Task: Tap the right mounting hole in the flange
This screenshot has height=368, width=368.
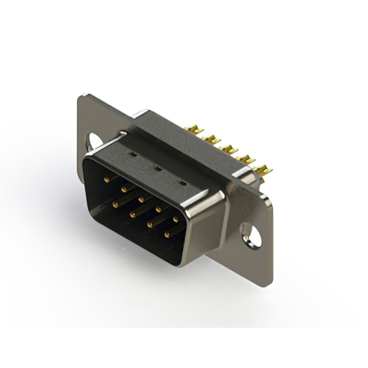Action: [x=251, y=235]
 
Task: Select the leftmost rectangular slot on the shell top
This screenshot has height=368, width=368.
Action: [x=132, y=155]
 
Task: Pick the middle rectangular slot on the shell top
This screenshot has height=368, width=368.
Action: [x=155, y=168]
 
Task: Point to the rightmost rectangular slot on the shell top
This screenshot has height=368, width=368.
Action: [x=182, y=183]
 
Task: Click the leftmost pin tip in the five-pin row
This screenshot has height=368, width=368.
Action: [x=106, y=179]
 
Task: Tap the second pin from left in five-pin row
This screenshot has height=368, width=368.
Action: [x=124, y=188]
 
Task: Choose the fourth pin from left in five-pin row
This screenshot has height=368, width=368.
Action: [x=158, y=209]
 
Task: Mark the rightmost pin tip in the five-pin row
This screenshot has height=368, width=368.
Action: [x=175, y=219]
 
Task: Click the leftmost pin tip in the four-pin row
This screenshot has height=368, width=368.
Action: [x=115, y=204]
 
